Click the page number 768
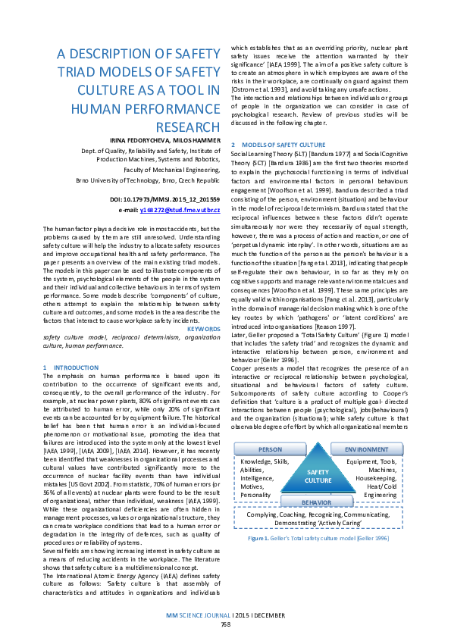click(225, 624)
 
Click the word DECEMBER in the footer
click(268, 615)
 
